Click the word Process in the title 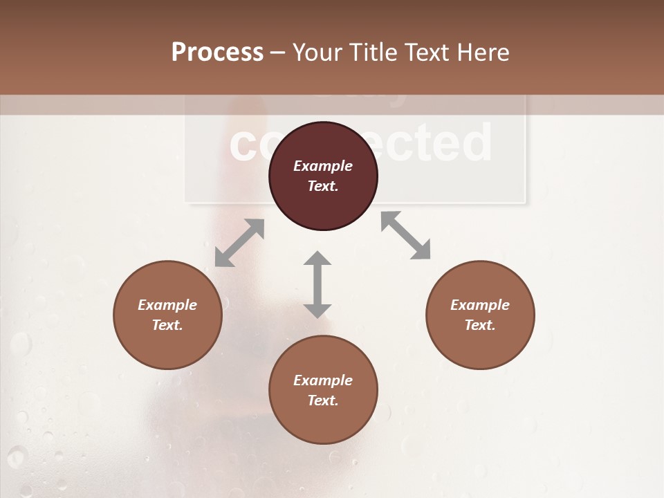pos(217,53)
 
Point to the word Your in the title pos(315,53)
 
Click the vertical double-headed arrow pos(317,284)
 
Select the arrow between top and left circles pos(239,243)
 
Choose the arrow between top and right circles pos(406,235)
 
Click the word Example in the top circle pos(323,166)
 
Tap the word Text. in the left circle pos(167,325)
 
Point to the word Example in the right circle pos(480,305)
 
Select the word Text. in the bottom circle pos(323,400)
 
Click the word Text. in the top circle pos(323,186)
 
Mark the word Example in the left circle pos(167,305)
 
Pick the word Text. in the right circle pos(480,325)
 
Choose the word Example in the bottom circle pos(323,380)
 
